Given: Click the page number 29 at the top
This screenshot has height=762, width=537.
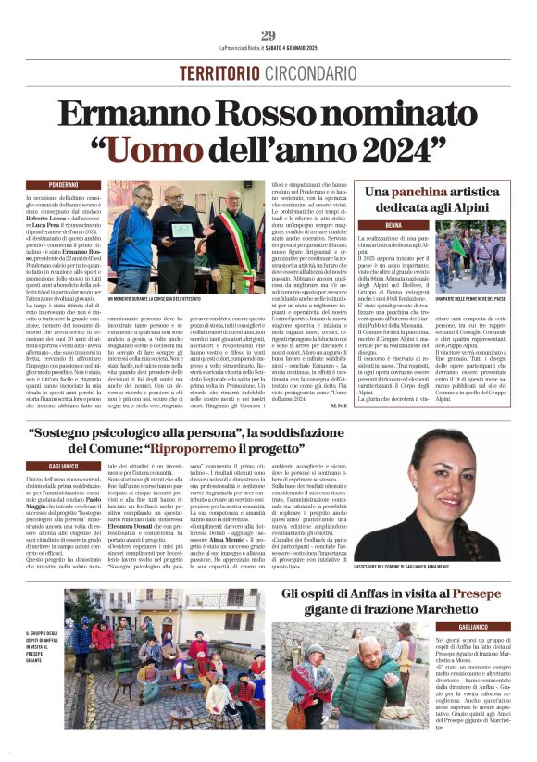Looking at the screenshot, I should coord(268,36).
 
